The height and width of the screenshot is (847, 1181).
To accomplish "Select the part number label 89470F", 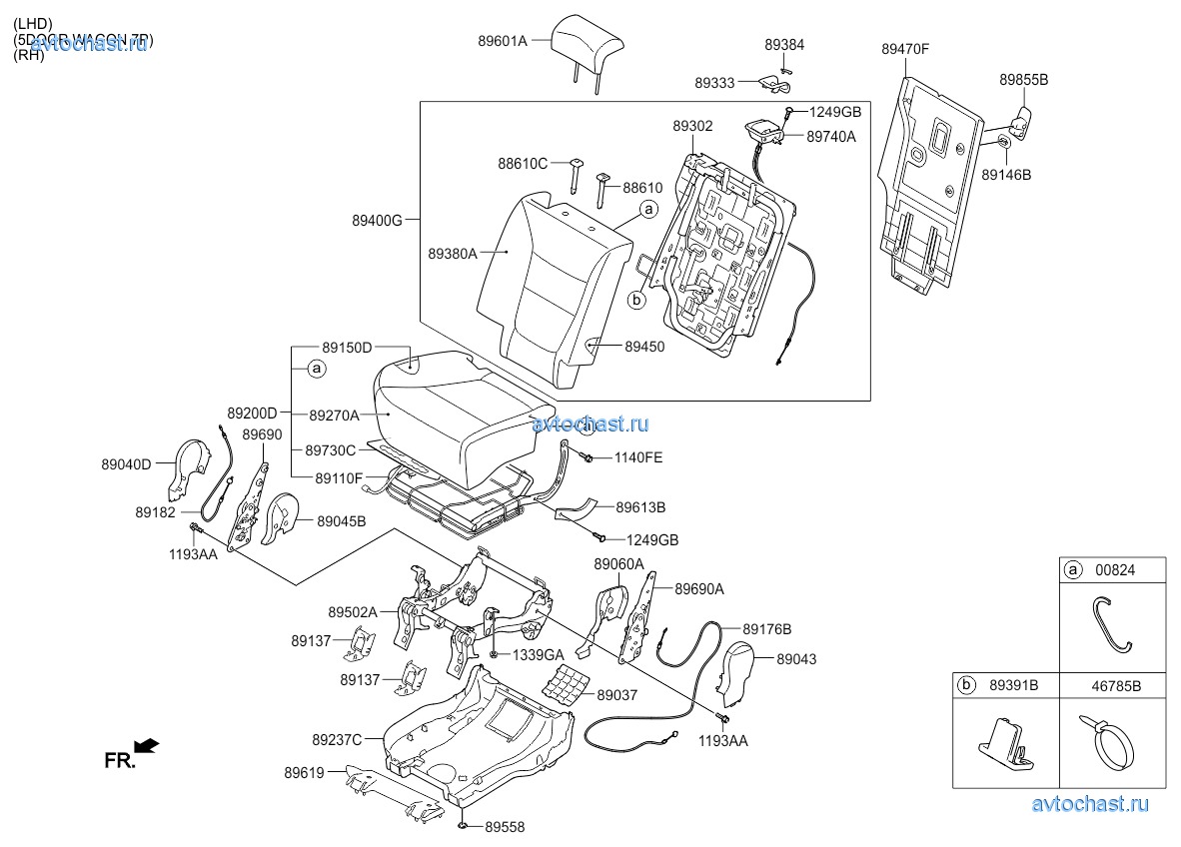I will [905, 48].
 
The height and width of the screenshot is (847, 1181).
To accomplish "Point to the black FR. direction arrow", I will [146, 745].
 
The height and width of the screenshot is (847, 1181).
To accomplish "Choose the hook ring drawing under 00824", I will [1112, 623].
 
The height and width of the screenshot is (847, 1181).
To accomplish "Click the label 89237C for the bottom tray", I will [337, 740].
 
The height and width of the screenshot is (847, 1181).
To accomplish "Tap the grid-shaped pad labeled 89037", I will [562, 685].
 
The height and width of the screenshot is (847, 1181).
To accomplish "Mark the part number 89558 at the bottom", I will [505, 827].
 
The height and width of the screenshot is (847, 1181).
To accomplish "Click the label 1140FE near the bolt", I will [637, 457].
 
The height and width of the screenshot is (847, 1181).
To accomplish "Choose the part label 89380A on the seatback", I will [453, 254].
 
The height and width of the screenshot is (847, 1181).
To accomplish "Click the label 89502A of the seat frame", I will [353, 612].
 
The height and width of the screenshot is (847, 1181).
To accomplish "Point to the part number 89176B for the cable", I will [766, 629].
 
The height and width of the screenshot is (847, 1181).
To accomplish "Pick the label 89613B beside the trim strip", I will [640, 507].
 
